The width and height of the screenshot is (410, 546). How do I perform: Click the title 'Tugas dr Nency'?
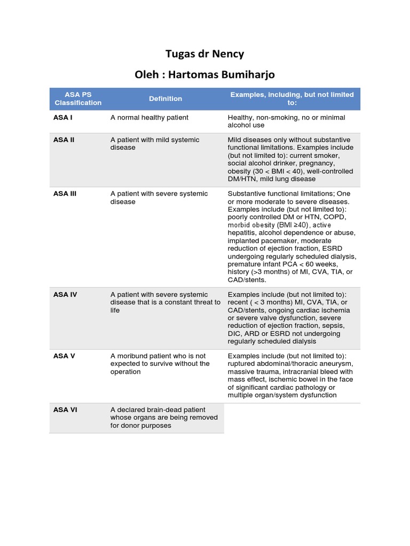click(205, 54)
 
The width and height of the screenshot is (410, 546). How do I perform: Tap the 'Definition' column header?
click(165, 99)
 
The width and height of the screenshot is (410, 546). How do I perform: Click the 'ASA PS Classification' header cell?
click(78, 99)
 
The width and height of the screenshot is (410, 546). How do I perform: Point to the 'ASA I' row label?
click(63, 117)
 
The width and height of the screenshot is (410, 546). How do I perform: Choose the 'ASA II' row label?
click(64, 140)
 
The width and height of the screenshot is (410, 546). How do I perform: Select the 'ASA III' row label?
click(65, 194)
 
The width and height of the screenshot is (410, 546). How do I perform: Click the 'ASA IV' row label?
click(65, 294)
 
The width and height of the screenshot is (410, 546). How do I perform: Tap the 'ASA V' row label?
click(64, 356)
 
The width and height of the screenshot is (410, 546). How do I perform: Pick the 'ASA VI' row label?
click(65, 409)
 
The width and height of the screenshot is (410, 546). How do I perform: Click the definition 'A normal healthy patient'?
click(149, 117)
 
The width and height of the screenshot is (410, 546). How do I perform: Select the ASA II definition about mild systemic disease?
click(155, 143)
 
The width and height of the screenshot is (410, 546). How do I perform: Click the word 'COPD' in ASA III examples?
click(336, 217)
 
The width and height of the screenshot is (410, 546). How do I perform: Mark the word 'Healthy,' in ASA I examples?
click(241, 117)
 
